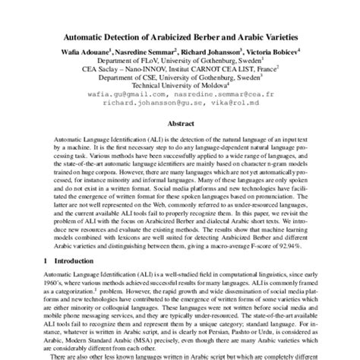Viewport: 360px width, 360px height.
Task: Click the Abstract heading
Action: (180, 122)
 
